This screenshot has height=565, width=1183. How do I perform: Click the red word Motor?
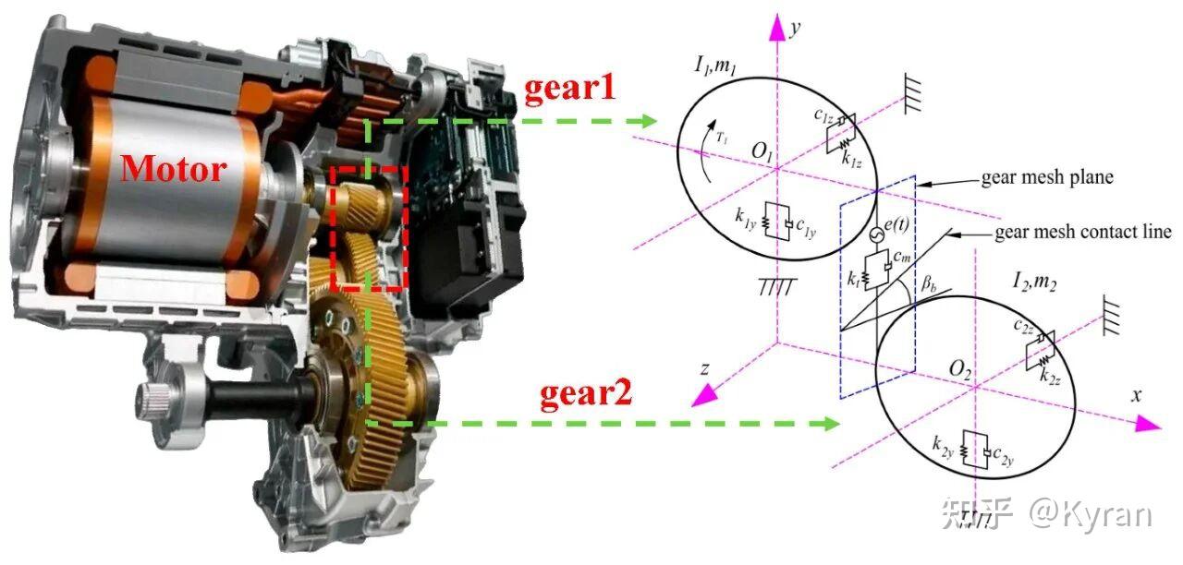[x=174, y=169]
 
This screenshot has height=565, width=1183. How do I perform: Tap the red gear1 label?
[x=570, y=87]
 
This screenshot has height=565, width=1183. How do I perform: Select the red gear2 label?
[x=586, y=393]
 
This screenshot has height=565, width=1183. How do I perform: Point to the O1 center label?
[x=762, y=152]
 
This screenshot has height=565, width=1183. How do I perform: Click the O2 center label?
[x=960, y=369]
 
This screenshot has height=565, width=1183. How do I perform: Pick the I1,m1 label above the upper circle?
[x=715, y=66]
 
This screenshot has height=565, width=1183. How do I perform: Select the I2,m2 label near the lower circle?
[x=1034, y=282]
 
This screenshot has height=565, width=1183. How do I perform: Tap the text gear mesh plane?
[x=1047, y=178]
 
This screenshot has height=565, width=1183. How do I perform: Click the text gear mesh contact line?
[x=1083, y=232]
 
